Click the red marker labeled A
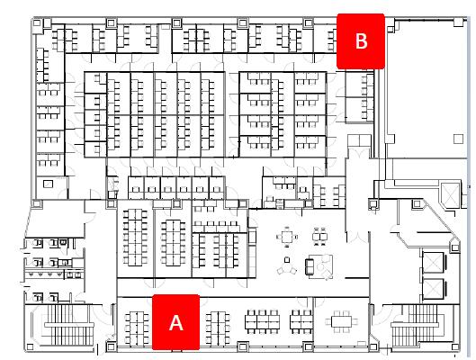[x=175, y=322]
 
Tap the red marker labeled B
[x=361, y=41]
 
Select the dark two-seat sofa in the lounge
[x=310, y=266]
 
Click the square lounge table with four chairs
[x=286, y=236]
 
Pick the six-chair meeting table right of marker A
[x=341, y=321]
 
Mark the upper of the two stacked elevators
[x=433, y=262]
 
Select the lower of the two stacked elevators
[x=433, y=288]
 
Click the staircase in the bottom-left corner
[x=69, y=325]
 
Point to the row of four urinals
[x=45, y=274]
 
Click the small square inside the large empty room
[x=458, y=139]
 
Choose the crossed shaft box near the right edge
[x=450, y=196]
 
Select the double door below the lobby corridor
[x=357, y=237]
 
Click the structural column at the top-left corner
[x=36, y=23]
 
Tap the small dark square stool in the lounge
[x=286, y=259]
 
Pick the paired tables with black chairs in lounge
[x=320, y=236]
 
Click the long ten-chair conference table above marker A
[x=135, y=238]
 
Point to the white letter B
[x=361, y=41]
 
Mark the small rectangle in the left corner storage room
[x=48, y=184]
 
